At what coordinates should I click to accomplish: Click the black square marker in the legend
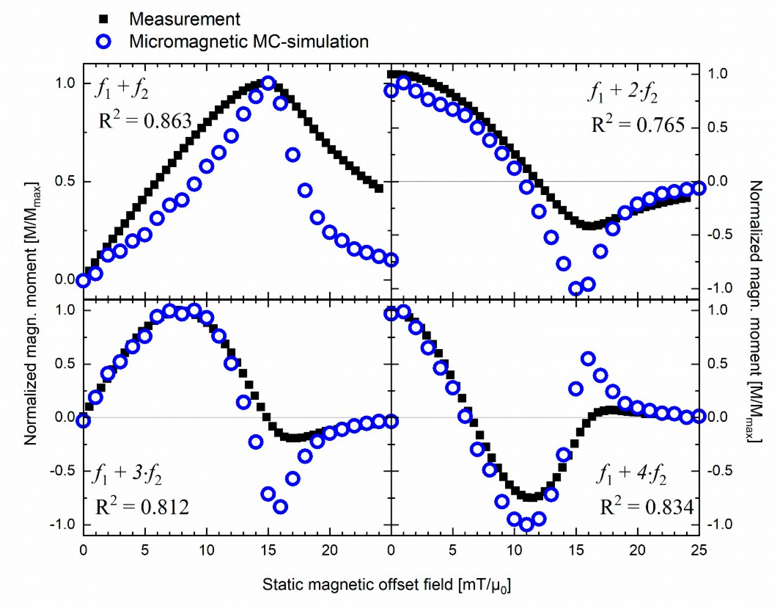pos(105,19)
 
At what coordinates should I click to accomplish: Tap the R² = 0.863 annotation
pos(145,121)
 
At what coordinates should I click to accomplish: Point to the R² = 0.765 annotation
pos(638,125)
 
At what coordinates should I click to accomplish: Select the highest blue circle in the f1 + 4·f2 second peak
pos(588,359)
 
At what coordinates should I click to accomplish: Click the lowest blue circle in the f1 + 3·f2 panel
pos(281,507)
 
